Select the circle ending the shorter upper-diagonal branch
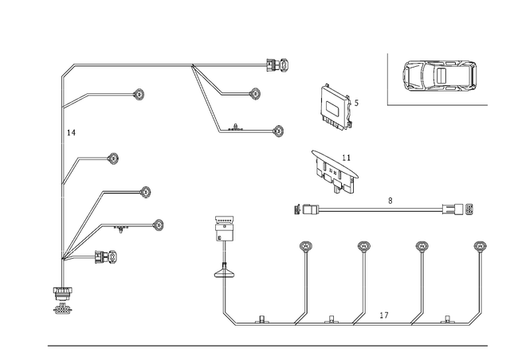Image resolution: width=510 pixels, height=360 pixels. click(255, 94)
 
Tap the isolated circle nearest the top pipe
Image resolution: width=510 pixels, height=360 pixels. click(139, 96)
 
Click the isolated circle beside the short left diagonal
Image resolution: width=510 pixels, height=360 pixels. click(113, 160)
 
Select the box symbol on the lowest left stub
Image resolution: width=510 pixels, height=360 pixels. click(107, 256)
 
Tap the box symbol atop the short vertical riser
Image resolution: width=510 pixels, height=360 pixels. click(226, 231)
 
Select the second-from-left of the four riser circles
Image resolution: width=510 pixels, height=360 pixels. click(365, 247)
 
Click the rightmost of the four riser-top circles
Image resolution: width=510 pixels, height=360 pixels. click(479, 247)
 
